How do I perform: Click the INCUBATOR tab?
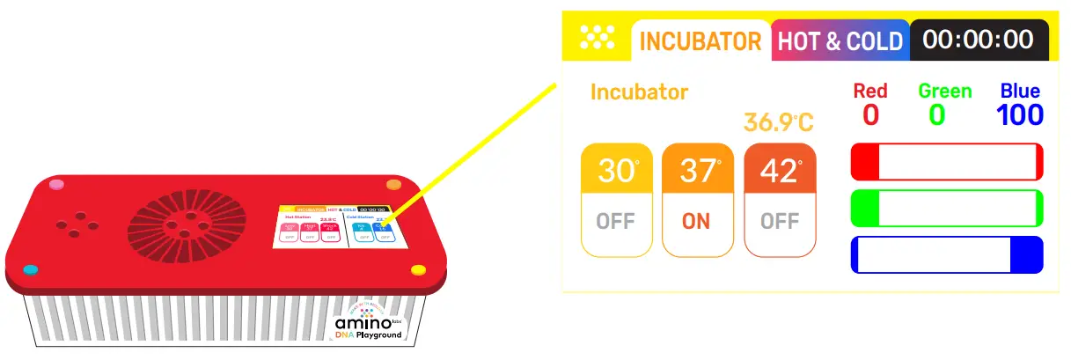coord(701,41)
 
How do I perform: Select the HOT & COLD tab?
coord(840,41)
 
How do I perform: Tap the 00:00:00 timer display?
coord(978,40)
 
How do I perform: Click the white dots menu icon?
coord(597,38)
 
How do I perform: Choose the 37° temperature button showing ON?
coord(697,200)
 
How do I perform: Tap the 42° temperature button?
coord(780,200)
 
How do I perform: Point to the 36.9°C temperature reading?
coord(779,121)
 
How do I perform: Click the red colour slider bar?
coord(946,163)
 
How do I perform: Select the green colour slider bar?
coord(946,209)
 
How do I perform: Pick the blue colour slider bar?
coord(946,254)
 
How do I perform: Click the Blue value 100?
coord(1020,114)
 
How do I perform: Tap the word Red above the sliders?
coord(870,91)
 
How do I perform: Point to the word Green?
coord(944,91)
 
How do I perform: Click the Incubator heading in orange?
coord(639,92)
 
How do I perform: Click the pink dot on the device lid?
coord(57,185)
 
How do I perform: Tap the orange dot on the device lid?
coord(393,185)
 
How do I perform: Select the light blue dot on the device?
coord(31,268)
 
